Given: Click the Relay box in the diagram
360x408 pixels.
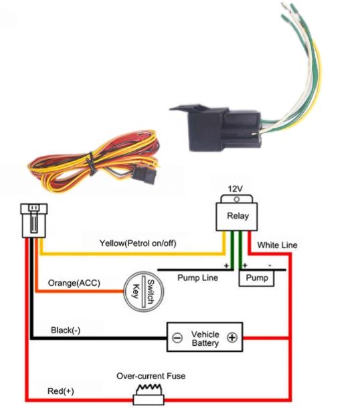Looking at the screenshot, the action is click(237, 217).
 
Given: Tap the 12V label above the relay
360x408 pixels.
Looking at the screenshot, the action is click(236, 189).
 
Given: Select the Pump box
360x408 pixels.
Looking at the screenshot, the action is click(256, 278).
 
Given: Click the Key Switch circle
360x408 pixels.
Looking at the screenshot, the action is click(143, 292).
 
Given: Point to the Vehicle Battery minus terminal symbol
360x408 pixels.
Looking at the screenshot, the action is click(177, 338).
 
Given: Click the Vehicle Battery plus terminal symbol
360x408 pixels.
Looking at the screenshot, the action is click(232, 338).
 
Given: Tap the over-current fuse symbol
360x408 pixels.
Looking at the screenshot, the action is click(149, 395).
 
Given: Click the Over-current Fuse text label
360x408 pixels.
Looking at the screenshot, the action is click(151, 376).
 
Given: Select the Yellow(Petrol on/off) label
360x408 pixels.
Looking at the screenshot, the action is click(138, 243).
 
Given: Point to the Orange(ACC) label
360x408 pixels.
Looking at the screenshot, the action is click(74, 283).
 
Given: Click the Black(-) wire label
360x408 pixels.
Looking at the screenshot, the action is click(66, 330).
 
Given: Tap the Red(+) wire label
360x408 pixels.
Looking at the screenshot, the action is click(61, 391).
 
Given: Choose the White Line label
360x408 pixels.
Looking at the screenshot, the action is click(277, 245).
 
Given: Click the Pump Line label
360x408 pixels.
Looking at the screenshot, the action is click(197, 278).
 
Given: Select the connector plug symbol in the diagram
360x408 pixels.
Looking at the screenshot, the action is click(34, 221).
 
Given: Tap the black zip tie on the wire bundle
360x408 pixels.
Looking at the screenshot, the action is click(91, 164).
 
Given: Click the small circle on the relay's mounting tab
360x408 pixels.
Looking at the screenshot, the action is click(236, 199).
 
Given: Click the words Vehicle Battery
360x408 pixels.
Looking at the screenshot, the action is click(205, 338).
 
